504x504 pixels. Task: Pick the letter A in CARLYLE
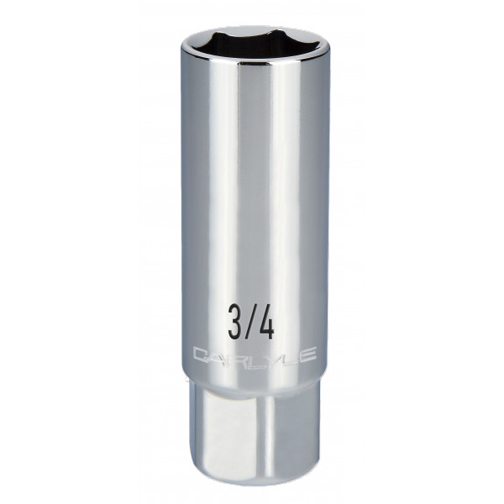coord(217,355)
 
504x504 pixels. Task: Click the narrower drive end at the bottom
coord(252,428)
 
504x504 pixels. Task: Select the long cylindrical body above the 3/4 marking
coord(252,185)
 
